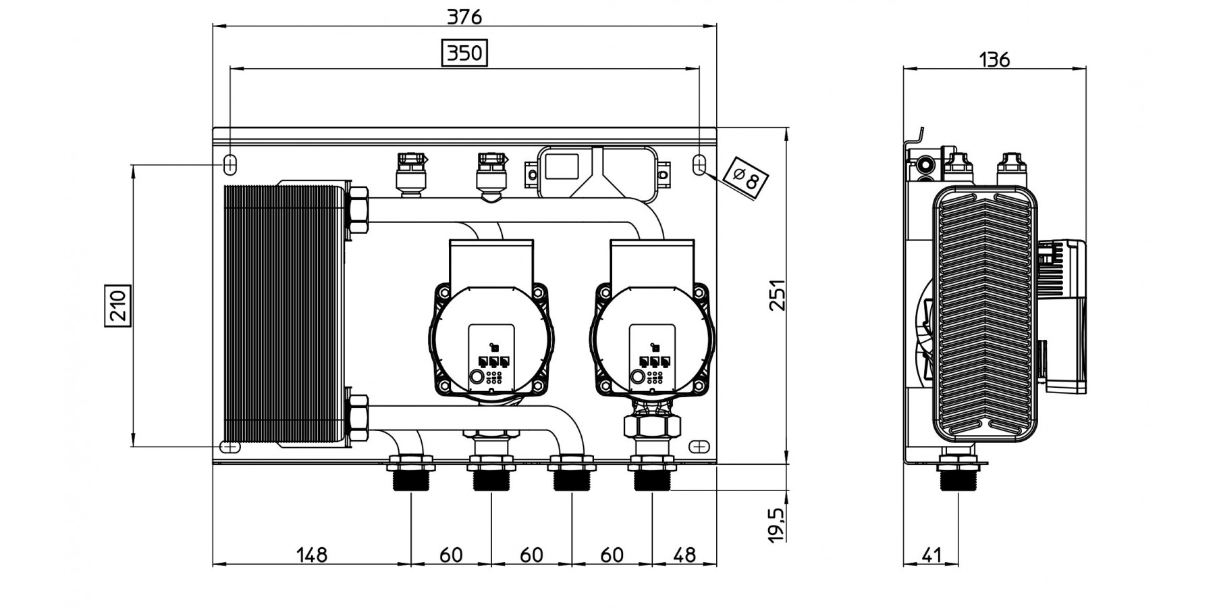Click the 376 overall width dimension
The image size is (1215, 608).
(x=465, y=16)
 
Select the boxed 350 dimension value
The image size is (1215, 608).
(x=464, y=53)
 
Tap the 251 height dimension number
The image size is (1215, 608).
(x=778, y=295)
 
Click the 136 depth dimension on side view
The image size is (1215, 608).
(x=994, y=59)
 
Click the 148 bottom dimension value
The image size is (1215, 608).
(x=312, y=555)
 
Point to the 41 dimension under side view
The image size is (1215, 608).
(x=931, y=555)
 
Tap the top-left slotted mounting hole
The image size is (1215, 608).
(x=230, y=163)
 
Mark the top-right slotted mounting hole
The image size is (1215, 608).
(x=700, y=163)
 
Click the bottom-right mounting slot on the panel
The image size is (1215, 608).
(x=700, y=447)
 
